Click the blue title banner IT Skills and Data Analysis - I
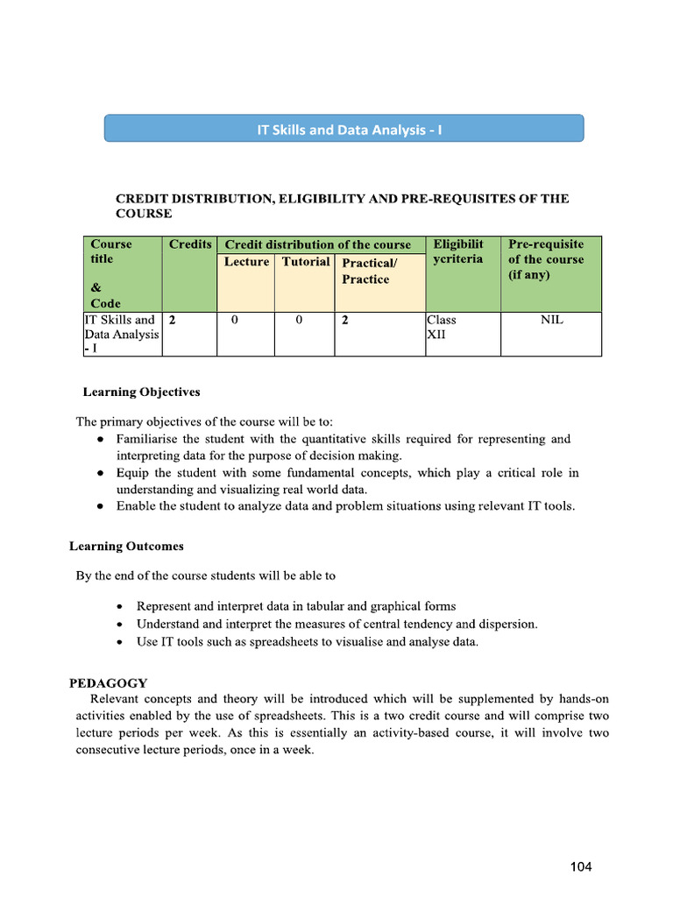344,129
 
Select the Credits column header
190,244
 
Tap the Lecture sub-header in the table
246,262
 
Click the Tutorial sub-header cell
305,262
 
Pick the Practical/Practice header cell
369,271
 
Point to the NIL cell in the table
551,321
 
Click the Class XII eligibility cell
441,327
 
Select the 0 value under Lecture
234,321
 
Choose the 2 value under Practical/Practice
345,321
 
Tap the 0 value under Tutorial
298,321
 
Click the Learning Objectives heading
141,392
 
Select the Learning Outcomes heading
126,547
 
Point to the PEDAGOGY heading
109,682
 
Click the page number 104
580,867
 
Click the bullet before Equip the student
101,473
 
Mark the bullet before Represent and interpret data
120,607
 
